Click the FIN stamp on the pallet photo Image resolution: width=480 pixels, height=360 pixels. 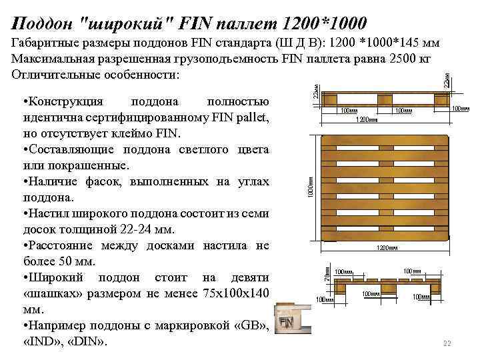pyautogui.click(x=286, y=323)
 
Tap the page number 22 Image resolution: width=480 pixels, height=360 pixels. pyautogui.click(x=447, y=344)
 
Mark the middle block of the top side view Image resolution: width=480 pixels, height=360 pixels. pyautogui.click(x=385, y=100)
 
